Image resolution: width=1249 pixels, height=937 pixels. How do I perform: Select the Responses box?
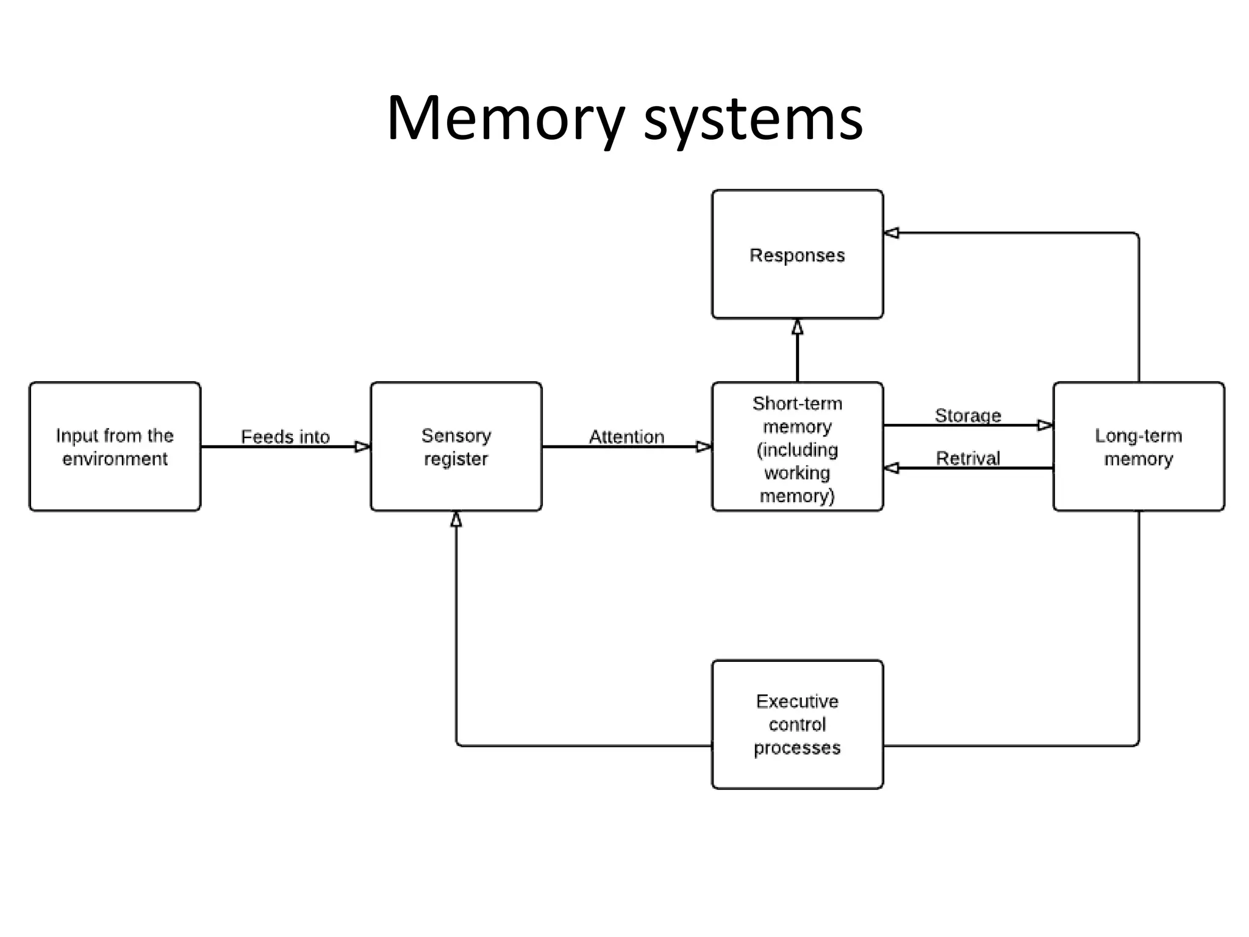(797, 254)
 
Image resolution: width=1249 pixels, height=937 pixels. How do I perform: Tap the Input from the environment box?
(115, 447)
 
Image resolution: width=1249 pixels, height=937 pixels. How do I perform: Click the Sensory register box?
(456, 447)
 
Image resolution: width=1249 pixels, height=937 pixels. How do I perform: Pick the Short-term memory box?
(797, 447)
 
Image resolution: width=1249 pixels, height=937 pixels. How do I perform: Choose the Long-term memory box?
(1138, 447)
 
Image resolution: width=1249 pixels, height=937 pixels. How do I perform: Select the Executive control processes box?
(797, 724)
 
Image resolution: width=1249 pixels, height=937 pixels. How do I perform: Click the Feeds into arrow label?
(285, 436)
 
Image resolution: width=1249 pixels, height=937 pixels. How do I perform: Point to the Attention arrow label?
(626, 436)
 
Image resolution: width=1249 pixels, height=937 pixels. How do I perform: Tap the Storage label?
(968, 415)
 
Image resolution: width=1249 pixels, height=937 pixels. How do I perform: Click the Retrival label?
(968, 458)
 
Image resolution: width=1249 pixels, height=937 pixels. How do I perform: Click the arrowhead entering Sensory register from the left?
(362, 447)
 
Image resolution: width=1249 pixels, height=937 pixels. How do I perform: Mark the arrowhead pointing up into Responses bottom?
(797, 328)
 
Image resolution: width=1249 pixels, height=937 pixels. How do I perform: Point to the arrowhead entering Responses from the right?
(892, 232)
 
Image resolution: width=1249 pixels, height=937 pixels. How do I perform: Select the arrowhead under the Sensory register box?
(456, 520)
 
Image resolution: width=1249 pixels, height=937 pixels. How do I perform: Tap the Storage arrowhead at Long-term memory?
(1045, 425)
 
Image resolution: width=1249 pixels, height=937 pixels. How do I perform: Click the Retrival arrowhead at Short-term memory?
(892, 468)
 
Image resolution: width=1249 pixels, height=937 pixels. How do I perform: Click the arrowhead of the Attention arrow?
(704, 447)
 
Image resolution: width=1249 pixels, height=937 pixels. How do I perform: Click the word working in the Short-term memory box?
(796, 473)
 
